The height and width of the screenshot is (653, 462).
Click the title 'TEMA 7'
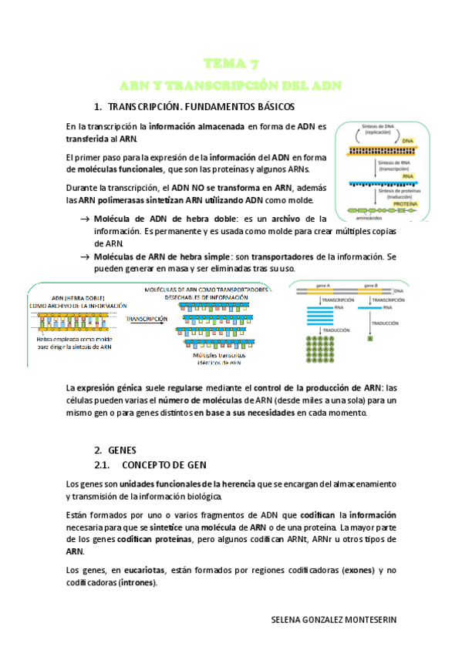tap(231, 63)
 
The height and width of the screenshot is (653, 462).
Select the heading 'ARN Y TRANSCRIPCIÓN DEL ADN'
tap(231, 84)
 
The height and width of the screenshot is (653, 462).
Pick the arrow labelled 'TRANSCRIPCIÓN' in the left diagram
tap(147, 320)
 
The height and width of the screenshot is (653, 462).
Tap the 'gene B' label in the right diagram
tap(370, 284)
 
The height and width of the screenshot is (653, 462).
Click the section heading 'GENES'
tap(123, 449)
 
